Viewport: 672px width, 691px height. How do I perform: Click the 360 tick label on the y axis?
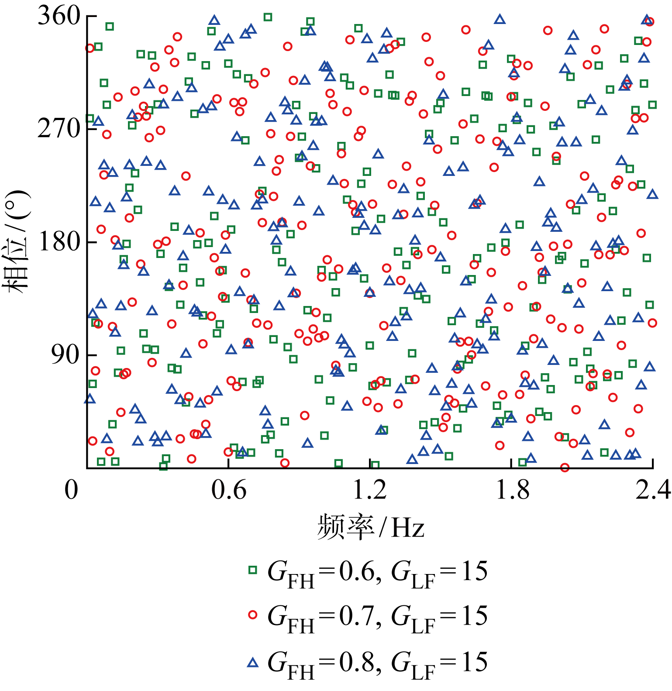click(x=59, y=17)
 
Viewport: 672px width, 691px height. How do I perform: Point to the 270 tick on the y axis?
click(x=59, y=129)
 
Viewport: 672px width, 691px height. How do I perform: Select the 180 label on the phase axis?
click(x=59, y=241)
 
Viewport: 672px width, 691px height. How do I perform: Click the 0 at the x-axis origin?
click(x=72, y=489)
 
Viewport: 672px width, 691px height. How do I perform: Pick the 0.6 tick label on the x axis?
click(x=229, y=489)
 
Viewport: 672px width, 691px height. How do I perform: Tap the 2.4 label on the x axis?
click(x=653, y=489)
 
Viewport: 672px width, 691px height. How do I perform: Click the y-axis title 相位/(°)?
click(x=17, y=241)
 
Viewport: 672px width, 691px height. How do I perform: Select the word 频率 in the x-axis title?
click(x=345, y=526)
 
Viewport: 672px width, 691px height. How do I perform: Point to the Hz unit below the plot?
click(x=408, y=527)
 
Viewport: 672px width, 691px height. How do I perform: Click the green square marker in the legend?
click(x=252, y=570)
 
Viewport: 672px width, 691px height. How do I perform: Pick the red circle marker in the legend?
click(x=252, y=615)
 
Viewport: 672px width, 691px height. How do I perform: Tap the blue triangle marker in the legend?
click(x=252, y=662)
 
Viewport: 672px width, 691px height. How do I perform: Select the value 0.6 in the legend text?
click(x=357, y=571)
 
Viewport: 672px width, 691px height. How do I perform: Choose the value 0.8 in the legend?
click(x=357, y=663)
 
